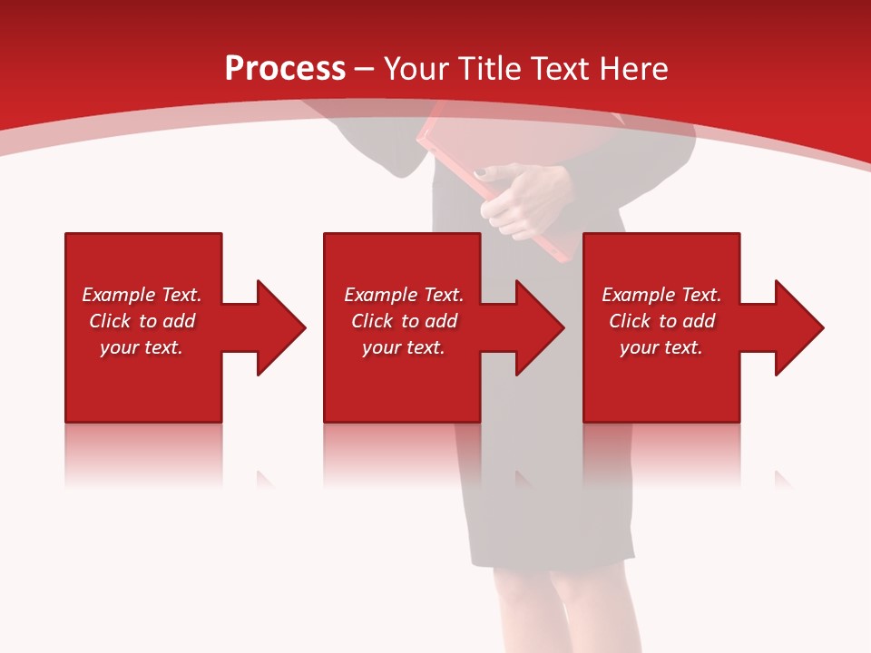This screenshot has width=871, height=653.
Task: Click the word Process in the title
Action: tap(285, 69)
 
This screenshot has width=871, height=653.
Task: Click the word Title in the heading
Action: tap(489, 69)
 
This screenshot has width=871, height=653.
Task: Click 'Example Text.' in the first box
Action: tap(142, 295)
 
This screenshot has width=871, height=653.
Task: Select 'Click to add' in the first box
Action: tap(142, 321)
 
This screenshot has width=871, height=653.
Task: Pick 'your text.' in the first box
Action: tap(142, 347)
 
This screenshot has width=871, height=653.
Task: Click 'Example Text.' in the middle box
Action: tap(404, 295)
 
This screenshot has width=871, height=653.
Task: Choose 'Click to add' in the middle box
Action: tap(404, 321)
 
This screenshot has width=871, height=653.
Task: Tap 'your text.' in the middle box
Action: tap(404, 347)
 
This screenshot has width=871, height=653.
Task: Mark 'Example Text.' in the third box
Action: tap(661, 295)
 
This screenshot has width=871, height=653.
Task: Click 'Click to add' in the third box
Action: tap(661, 321)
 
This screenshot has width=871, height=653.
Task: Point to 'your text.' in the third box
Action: tap(661, 347)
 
